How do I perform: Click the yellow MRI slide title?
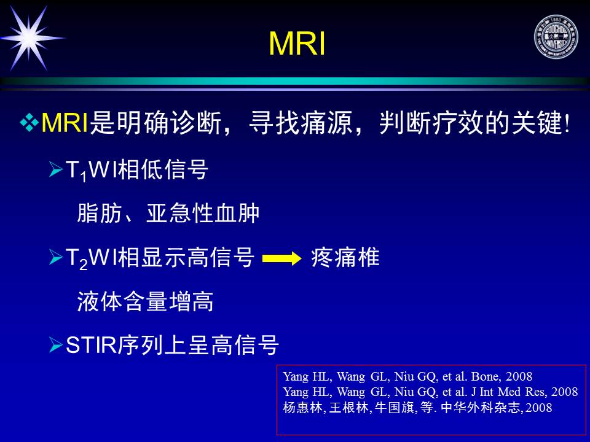coord(297,44)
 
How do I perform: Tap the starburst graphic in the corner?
coord(30,37)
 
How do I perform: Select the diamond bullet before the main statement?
coord(29,123)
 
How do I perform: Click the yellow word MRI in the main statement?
coord(65,123)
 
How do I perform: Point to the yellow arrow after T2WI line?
coord(281,258)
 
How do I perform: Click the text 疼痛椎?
coord(345,258)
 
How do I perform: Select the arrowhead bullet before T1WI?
coord(56,169)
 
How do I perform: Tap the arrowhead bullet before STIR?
coord(56,344)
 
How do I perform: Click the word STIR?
coord(91,344)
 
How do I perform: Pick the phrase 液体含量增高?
coord(145,301)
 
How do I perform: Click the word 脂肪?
coord(100,213)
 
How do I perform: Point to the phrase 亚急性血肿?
coord(203,213)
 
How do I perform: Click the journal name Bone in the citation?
coord(486,376)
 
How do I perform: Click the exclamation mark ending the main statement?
coord(567,123)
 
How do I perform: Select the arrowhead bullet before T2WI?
coord(56,257)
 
